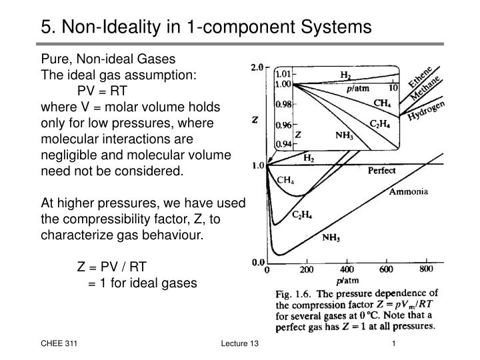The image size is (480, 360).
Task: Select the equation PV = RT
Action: pyautogui.click(x=102, y=91)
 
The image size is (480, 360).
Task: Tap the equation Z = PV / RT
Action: pyautogui.click(x=111, y=267)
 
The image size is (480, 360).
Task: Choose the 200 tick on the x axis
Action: pyautogui.click(x=306, y=271)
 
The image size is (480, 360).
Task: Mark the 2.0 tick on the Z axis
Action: pyautogui.click(x=257, y=68)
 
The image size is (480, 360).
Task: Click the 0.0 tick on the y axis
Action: pyautogui.click(x=257, y=262)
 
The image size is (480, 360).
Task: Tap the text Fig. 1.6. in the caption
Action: pyautogui.click(x=293, y=294)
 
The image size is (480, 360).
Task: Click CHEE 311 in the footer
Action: pyautogui.click(x=57, y=343)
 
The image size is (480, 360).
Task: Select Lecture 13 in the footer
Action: pyautogui.click(x=239, y=343)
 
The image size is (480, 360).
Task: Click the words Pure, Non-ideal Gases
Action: pyautogui.click(x=108, y=59)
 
